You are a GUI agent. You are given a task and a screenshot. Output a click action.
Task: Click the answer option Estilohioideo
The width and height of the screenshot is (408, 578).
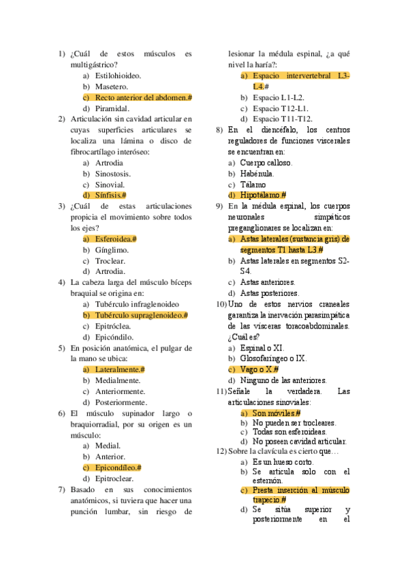tap(118, 76)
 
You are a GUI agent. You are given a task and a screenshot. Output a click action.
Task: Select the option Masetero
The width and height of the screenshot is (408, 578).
tap(111, 87)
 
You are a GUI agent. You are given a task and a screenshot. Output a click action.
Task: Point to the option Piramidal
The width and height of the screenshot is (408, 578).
tap(112, 108)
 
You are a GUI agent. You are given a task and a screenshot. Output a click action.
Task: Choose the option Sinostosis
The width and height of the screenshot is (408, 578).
tap(113, 174)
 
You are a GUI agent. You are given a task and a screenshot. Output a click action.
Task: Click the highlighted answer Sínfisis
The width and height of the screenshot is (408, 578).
tap(110, 196)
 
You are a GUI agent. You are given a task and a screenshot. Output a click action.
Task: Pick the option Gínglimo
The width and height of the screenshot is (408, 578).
tap(112, 250)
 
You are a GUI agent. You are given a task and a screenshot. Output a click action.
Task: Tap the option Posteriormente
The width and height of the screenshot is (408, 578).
tap(121, 402)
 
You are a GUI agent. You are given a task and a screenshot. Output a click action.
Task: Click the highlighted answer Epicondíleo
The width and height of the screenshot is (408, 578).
tap(118, 468)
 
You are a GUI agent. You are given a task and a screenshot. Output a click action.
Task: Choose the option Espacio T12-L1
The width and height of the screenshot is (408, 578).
tap(280, 108)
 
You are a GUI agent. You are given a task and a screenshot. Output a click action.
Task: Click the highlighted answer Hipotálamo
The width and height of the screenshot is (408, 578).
tap(263, 196)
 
